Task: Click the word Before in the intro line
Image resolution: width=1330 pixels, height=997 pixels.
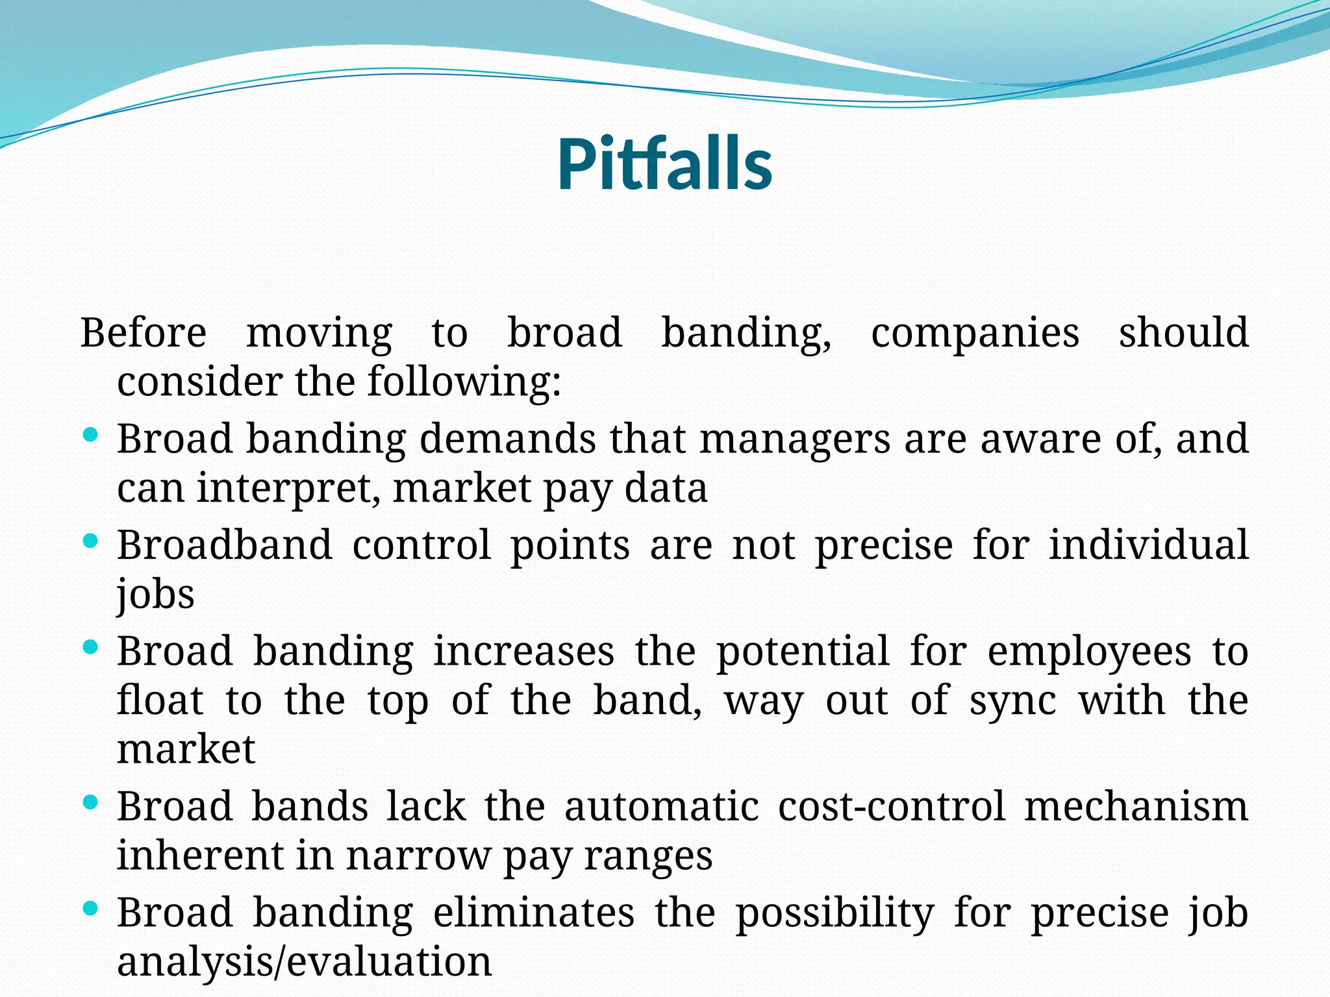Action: pyautogui.click(x=144, y=333)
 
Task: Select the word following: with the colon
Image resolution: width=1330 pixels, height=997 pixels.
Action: pyautogui.click(x=464, y=382)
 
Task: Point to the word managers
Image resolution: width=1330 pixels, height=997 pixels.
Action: pyautogui.click(x=794, y=440)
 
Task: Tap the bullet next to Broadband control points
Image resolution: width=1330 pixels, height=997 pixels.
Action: pyautogui.click(x=91, y=540)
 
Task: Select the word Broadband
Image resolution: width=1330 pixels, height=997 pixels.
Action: pyautogui.click(x=224, y=545)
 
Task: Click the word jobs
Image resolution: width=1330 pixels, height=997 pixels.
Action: pyautogui.click(x=156, y=594)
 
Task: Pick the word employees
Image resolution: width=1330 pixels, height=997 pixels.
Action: pyautogui.click(x=1089, y=652)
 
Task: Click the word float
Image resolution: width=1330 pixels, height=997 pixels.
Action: pyautogui.click(x=160, y=700)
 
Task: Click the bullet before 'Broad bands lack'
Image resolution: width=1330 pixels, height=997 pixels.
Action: pyautogui.click(x=91, y=802)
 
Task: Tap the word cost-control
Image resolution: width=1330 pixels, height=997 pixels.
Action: pyautogui.click(x=891, y=807)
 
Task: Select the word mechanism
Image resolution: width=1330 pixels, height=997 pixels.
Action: pyautogui.click(x=1136, y=807)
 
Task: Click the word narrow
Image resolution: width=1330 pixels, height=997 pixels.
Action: pyautogui.click(x=418, y=856)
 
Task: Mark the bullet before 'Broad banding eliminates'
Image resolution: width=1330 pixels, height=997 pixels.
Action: pyautogui.click(x=91, y=908)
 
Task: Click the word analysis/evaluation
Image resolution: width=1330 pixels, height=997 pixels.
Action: pyautogui.click(x=304, y=962)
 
